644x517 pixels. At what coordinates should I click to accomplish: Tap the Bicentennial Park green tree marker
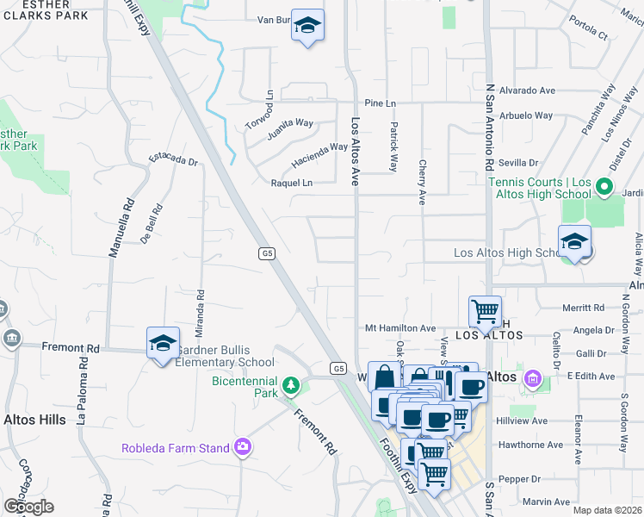point(292,383)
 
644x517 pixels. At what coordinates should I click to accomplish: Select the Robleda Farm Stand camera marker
point(244,446)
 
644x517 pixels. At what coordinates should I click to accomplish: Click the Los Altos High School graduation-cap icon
point(574,242)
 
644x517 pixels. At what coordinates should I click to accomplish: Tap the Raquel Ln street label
point(292,183)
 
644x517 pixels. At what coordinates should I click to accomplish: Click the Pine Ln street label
point(379,103)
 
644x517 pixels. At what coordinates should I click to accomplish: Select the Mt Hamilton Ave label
point(400,328)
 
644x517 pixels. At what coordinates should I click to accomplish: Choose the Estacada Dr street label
point(174,159)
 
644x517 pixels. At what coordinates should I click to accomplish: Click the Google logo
point(28,507)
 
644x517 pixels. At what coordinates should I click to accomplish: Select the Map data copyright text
point(606,510)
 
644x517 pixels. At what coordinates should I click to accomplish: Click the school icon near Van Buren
point(306,27)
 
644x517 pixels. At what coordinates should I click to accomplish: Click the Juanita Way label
point(290,123)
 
